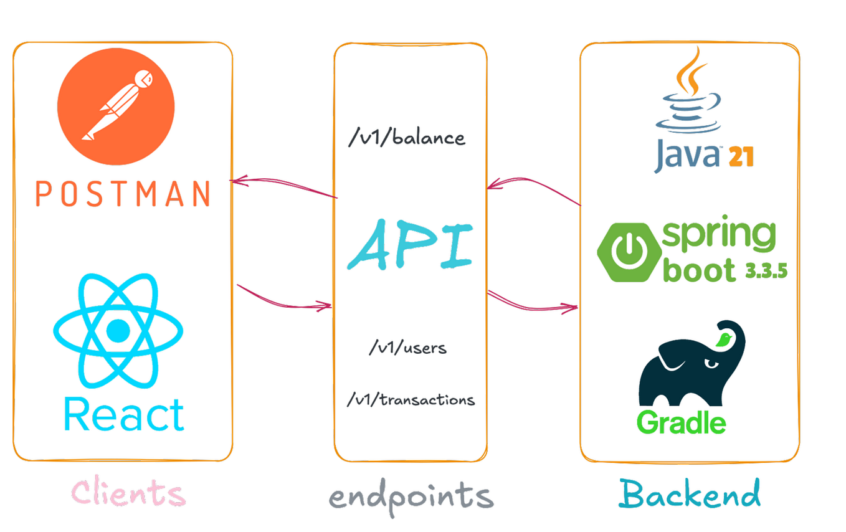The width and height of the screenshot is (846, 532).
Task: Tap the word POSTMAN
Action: click(x=122, y=194)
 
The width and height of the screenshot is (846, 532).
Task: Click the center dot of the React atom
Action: click(x=118, y=330)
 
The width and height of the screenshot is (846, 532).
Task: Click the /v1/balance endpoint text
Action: click(x=407, y=137)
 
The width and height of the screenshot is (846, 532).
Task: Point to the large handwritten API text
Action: click(x=408, y=245)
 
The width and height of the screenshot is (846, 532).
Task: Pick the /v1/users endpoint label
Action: click(x=407, y=347)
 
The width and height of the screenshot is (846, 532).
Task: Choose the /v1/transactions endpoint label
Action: click(x=411, y=399)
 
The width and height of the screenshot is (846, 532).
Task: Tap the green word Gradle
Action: click(x=681, y=422)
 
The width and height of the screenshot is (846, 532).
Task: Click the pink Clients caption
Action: click(x=128, y=492)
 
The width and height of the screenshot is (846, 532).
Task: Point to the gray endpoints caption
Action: click(x=411, y=496)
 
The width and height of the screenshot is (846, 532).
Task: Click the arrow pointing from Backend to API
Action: click(x=533, y=188)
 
